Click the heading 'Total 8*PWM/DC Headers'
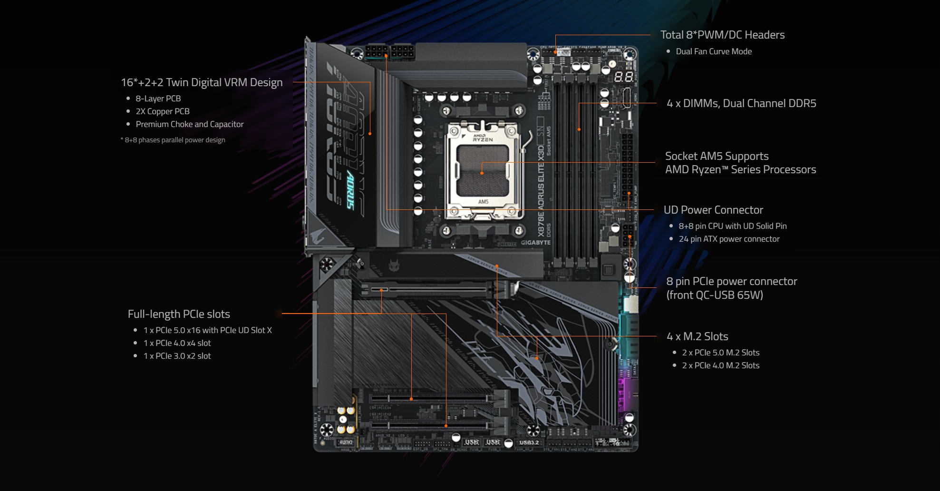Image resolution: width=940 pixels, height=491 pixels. (722, 35)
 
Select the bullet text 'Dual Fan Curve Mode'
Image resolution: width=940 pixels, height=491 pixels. (714, 51)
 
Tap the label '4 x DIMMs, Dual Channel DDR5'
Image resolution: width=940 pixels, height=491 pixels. (741, 103)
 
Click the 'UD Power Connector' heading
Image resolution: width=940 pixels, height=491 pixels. (713, 210)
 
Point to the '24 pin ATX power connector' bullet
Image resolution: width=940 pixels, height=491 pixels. (729, 239)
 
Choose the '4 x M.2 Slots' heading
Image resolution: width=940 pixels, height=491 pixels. (698, 336)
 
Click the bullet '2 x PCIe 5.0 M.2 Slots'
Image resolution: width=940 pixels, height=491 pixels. (720, 353)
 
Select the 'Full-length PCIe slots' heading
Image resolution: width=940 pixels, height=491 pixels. (179, 314)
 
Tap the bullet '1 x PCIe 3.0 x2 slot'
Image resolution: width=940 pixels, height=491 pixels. (177, 356)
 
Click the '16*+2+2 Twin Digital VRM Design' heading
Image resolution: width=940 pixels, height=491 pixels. (202, 82)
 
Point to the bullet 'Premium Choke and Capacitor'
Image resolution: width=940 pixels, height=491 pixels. (189, 124)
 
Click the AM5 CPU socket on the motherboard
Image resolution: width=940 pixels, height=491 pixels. (483, 171)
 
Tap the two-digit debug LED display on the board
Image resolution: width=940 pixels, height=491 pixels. (623, 77)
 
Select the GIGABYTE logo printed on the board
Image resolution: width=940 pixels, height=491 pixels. (535, 243)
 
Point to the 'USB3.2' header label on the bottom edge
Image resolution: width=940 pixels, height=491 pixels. (529, 442)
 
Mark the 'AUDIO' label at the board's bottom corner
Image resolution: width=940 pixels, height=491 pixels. (346, 442)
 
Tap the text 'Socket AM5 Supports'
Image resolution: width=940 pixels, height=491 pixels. (717, 156)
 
